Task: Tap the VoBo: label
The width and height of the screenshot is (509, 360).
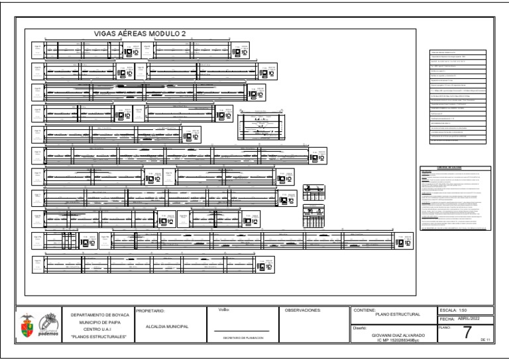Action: click(x=223, y=310)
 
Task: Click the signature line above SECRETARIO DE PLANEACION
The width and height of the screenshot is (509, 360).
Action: click(x=241, y=331)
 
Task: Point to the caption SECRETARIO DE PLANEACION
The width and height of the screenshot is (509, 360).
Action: click(x=241, y=339)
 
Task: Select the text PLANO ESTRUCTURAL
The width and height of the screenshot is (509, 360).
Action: click(x=398, y=314)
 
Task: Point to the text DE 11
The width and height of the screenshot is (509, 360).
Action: click(x=485, y=340)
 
